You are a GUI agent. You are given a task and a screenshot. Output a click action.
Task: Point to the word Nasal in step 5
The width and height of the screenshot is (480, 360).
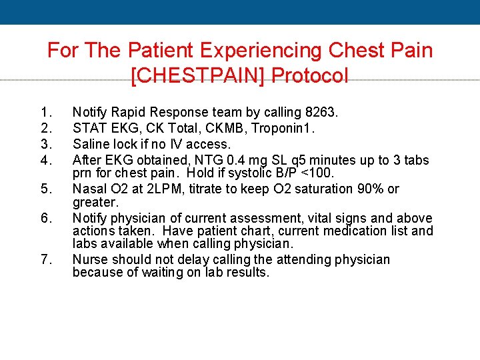point(89,189)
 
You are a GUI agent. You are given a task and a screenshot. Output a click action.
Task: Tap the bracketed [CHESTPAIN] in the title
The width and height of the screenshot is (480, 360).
point(196,76)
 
